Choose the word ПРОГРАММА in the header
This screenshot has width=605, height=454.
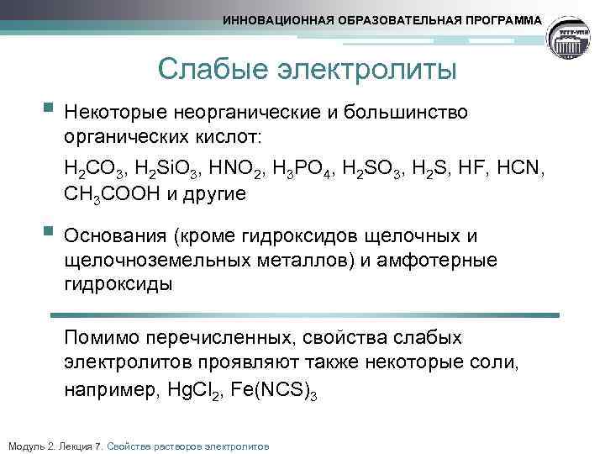[502, 19]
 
